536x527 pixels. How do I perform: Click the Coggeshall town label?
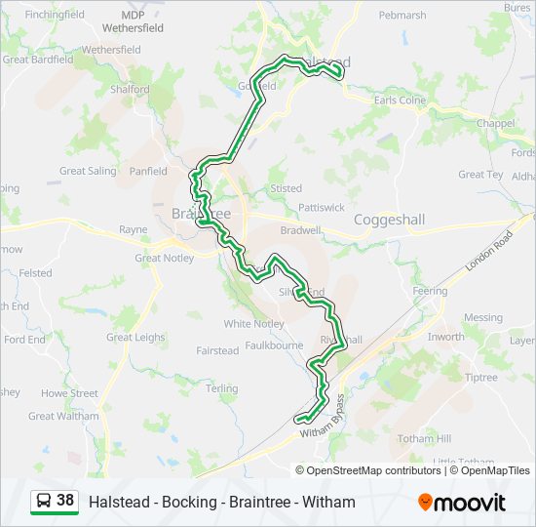pyautogui.click(x=389, y=220)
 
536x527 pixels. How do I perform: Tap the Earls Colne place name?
pyautogui.click(x=400, y=100)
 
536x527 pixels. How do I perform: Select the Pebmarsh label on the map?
pyautogui.click(x=402, y=16)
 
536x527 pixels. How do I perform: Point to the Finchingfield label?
pyautogui.click(x=56, y=16)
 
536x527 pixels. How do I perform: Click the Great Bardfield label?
pyautogui.click(x=38, y=59)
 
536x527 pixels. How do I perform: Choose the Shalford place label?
pyautogui.click(x=130, y=89)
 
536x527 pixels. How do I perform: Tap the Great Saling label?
pyautogui.click(x=88, y=171)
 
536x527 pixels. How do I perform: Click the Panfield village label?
pyautogui.click(x=148, y=171)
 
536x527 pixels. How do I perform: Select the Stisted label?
pyautogui.click(x=287, y=188)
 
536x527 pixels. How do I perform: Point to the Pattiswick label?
pyautogui.click(x=322, y=207)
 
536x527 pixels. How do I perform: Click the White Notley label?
pyautogui.click(x=253, y=323)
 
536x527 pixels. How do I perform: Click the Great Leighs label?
pyautogui.click(x=135, y=337)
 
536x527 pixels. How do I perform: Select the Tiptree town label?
pyautogui.click(x=480, y=378)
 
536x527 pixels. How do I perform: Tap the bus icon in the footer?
pyautogui.click(x=44, y=501)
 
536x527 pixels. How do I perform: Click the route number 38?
pyautogui.click(x=65, y=501)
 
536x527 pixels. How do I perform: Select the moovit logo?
pyautogui.click(x=462, y=502)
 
